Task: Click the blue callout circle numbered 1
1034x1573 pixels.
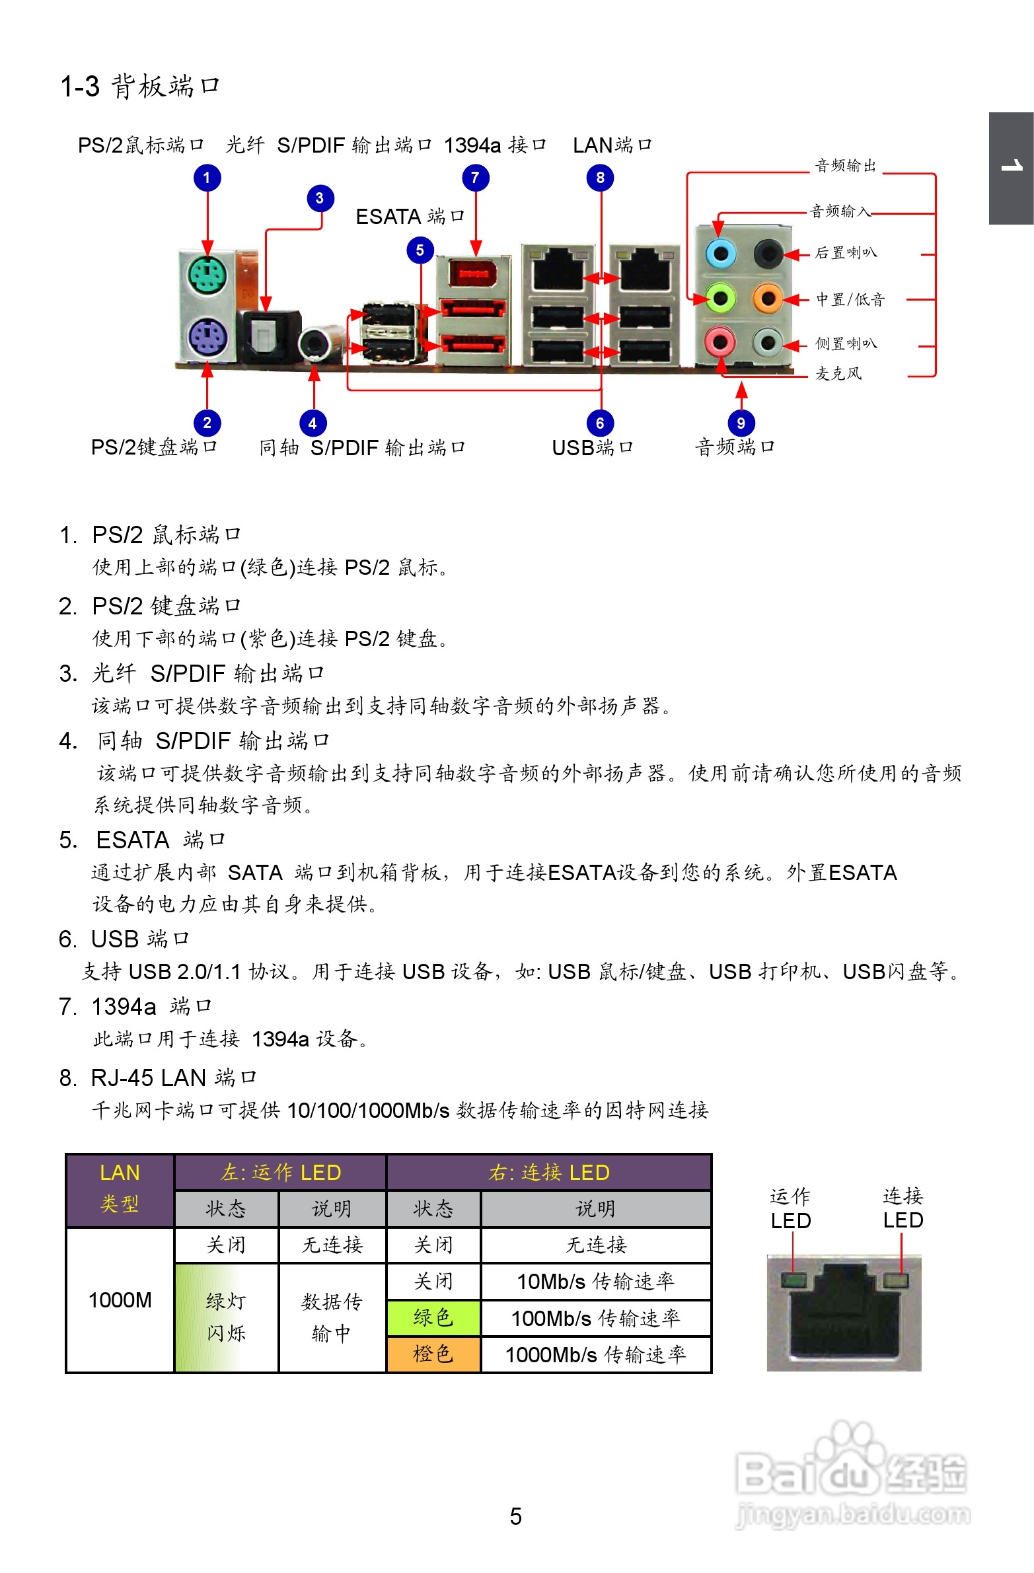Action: click(x=207, y=177)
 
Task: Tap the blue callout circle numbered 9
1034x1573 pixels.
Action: click(x=741, y=423)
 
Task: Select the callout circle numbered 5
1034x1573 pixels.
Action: click(x=420, y=250)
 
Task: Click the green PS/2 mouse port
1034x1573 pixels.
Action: click(x=207, y=276)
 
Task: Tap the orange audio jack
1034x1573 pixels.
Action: click(x=768, y=299)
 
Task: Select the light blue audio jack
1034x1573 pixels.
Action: click(x=720, y=253)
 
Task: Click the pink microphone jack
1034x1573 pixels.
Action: click(x=720, y=342)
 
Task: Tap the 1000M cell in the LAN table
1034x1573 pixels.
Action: click(x=120, y=1300)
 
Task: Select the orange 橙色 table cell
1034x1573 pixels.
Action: click(x=433, y=1354)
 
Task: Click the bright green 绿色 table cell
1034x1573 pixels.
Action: click(x=433, y=1318)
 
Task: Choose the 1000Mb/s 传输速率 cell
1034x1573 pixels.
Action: click(x=596, y=1354)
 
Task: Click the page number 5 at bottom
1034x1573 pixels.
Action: click(x=515, y=1516)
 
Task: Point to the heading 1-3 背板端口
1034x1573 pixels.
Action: click(x=139, y=86)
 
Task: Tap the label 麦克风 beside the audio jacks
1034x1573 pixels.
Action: click(x=838, y=373)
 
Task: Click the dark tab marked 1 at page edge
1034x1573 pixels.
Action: click(x=1011, y=168)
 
